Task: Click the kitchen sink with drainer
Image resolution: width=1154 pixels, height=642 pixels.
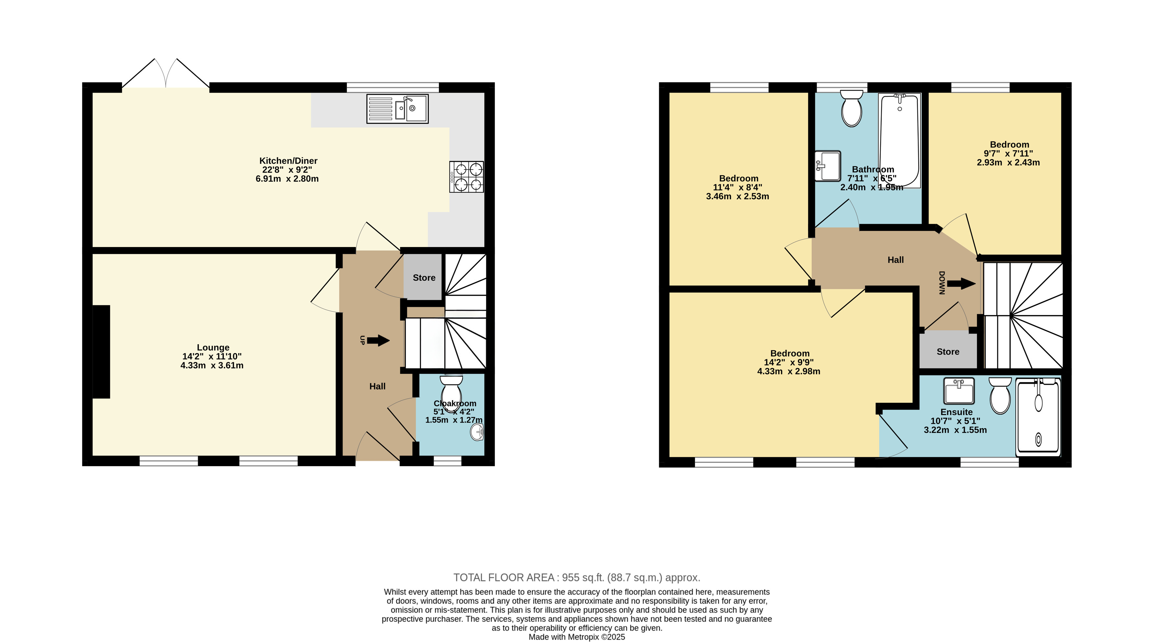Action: (x=397, y=108)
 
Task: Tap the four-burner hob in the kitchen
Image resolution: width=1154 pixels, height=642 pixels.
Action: (x=466, y=177)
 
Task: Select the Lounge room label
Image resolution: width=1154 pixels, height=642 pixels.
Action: (x=213, y=348)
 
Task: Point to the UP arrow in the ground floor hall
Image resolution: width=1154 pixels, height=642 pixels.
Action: (x=378, y=341)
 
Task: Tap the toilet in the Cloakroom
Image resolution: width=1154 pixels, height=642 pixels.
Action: (x=451, y=390)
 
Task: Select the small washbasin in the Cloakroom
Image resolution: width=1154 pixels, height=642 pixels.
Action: (x=477, y=433)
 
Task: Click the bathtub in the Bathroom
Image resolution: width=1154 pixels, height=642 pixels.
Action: (x=900, y=140)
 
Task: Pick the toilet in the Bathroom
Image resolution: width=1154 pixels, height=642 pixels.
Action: (x=852, y=108)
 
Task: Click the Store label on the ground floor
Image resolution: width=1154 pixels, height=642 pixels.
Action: (x=424, y=277)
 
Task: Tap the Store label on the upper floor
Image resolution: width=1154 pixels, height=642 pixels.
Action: (x=948, y=352)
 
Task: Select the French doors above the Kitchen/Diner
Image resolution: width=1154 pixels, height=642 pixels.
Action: (x=166, y=73)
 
